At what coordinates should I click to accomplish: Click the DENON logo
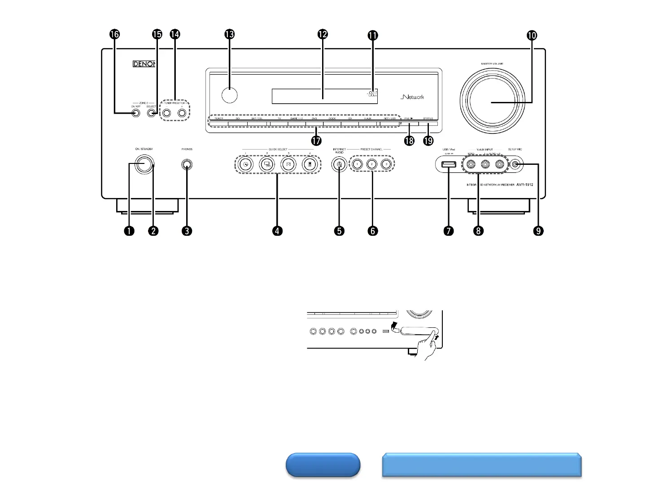point(144,64)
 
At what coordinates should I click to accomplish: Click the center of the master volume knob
point(492,103)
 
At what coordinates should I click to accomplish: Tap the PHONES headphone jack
point(187,165)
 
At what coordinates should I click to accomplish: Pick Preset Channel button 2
point(372,164)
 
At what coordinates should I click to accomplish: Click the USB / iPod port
point(449,165)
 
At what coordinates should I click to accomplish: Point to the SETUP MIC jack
point(516,165)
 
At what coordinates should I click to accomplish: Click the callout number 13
point(230,35)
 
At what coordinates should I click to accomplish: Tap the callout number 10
point(532,35)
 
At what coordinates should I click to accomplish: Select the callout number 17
point(317,141)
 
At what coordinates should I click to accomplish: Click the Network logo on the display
point(412,97)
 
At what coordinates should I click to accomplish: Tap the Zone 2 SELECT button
point(152,114)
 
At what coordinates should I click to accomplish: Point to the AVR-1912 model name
point(524,185)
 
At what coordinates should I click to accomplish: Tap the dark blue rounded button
point(323,465)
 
